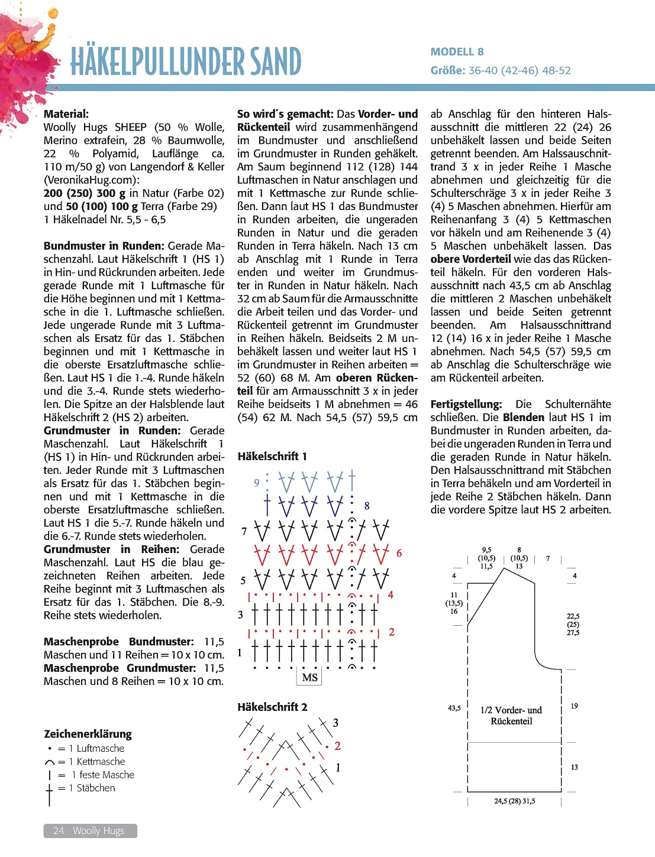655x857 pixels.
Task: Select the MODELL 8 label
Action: [x=457, y=52]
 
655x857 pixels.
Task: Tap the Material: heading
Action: [x=66, y=114]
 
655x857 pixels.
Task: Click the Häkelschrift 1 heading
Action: [x=272, y=457]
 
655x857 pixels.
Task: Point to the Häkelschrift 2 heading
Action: [x=272, y=707]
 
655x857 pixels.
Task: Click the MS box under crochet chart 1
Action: [x=309, y=678]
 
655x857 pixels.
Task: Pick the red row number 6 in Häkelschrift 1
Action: [x=399, y=554]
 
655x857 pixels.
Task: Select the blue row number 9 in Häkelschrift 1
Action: [x=257, y=483]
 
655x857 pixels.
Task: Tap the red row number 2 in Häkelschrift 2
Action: [x=337, y=746]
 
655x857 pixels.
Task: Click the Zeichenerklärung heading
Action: [x=88, y=734]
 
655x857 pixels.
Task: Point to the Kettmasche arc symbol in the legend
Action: [x=50, y=762]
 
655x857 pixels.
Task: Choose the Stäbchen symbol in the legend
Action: [x=50, y=793]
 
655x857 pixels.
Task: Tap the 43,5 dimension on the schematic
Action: [x=454, y=708]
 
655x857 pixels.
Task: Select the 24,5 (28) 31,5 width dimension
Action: [x=514, y=801]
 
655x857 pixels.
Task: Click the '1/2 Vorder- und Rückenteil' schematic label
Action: [x=511, y=716]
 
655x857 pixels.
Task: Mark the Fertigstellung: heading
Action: [x=466, y=405]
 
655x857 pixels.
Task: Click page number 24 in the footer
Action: [x=59, y=831]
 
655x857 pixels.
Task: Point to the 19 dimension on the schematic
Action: [x=575, y=706]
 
